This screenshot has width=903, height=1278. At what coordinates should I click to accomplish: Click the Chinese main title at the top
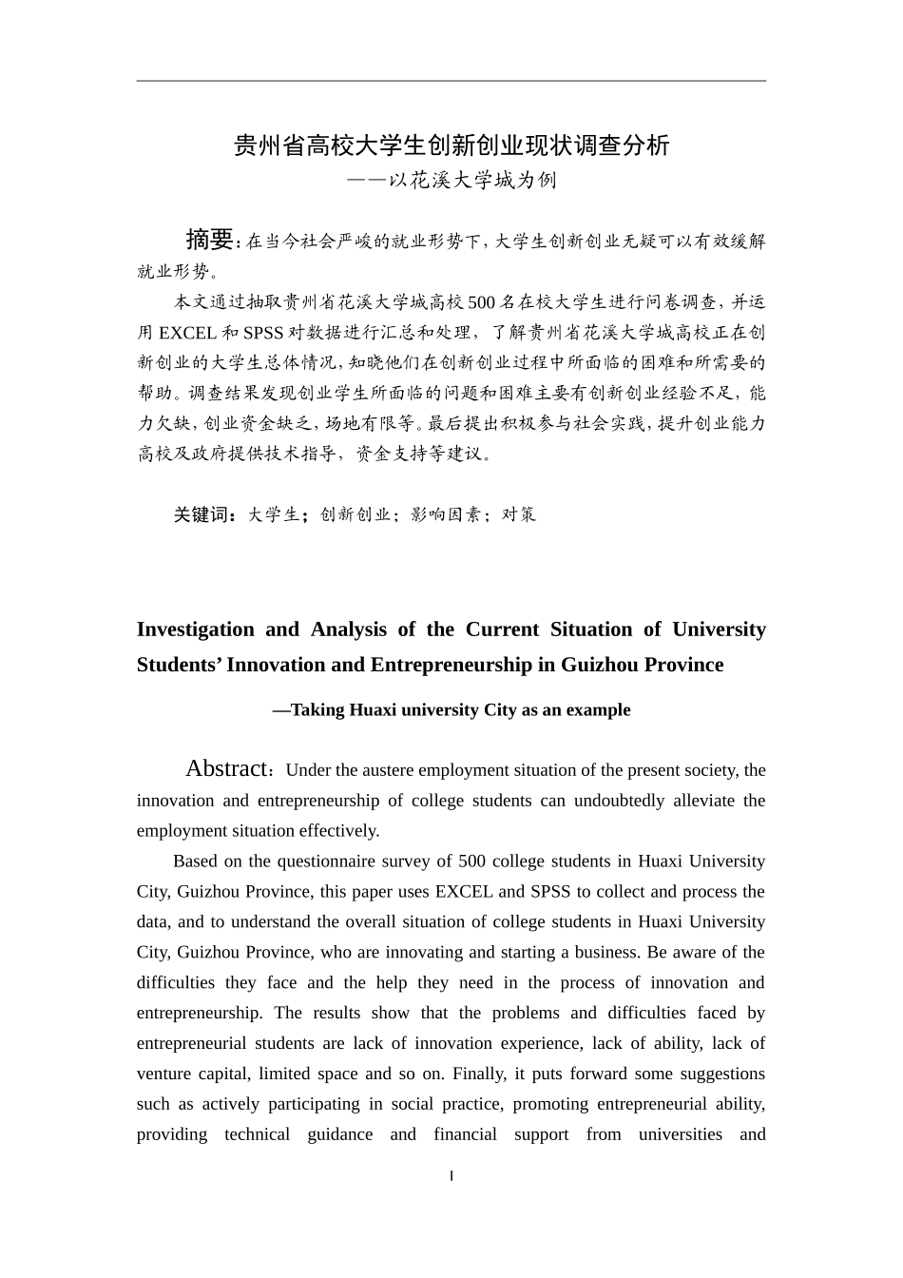pos(451,145)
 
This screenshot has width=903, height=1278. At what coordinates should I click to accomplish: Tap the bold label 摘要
pos(209,239)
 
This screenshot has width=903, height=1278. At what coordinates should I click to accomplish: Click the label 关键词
pos(203,514)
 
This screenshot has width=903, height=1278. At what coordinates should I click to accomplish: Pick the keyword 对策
pos(519,514)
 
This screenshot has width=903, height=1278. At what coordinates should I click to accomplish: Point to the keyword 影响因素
pos(447,514)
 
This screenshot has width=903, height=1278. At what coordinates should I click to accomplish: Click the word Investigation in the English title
pos(196,629)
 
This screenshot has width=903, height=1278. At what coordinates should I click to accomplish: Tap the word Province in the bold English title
pos(680,665)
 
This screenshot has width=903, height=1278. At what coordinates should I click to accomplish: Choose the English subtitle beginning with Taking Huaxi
pos(451,710)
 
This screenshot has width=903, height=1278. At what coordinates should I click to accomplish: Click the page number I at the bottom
pos(451,1176)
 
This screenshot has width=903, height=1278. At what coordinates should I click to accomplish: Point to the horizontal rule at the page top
pos(451,81)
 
